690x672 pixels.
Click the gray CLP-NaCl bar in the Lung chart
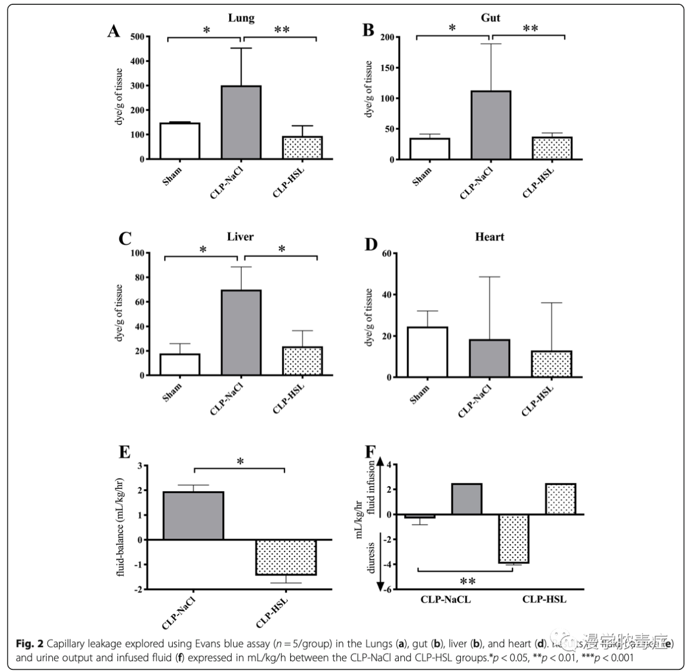[241, 122]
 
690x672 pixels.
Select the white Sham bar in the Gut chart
[430, 149]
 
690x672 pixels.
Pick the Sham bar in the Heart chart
[428, 352]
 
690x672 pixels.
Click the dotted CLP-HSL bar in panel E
[286, 557]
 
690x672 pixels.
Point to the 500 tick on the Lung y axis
[137, 37]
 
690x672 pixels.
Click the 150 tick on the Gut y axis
[387, 68]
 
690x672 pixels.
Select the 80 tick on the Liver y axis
[139, 278]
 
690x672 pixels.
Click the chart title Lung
[241, 18]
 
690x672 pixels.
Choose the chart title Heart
[490, 237]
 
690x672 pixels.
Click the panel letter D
[371, 245]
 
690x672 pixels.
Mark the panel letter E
[124, 452]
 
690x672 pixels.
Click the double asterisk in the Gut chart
[530, 28]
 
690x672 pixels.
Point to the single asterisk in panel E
[240, 462]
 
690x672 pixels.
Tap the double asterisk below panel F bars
[467, 582]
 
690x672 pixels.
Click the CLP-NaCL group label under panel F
[446, 600]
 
